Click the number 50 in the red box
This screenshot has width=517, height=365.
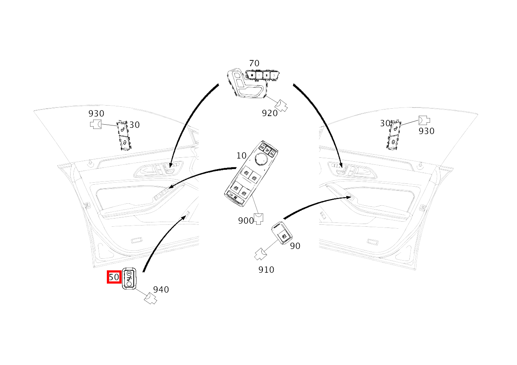[x=114, y=277]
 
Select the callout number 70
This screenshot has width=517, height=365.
[x=254, y=63]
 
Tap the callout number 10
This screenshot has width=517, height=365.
[x=241, y=156]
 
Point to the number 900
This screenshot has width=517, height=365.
[x=246, y=220]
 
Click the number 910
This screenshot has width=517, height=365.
[x=266, y=270]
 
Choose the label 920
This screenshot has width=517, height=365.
[x=270, y=113]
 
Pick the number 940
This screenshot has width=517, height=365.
[x=161, y=289]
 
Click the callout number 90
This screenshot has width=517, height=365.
[x=295, y=246]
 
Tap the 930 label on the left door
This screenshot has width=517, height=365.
[x=96, y=113]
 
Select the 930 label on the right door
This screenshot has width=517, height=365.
[x=427, y=131]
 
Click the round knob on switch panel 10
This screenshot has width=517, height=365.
[x=261, y=159]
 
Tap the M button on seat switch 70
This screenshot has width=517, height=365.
[x=252, y=75]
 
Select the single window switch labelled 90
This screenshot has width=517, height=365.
[x=282, y=233]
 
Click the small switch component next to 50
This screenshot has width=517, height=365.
[x=129, y=278]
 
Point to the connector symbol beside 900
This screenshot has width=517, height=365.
[x=258, y=219]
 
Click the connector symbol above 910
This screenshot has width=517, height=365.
[x=261, y=254]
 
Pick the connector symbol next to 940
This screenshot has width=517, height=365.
[x=150, y=298]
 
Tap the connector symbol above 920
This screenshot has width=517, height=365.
[x=281, y=106]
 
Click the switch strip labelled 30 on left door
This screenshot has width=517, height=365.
[x=123, y=135]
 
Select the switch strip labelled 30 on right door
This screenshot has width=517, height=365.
[x=393, y=135]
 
